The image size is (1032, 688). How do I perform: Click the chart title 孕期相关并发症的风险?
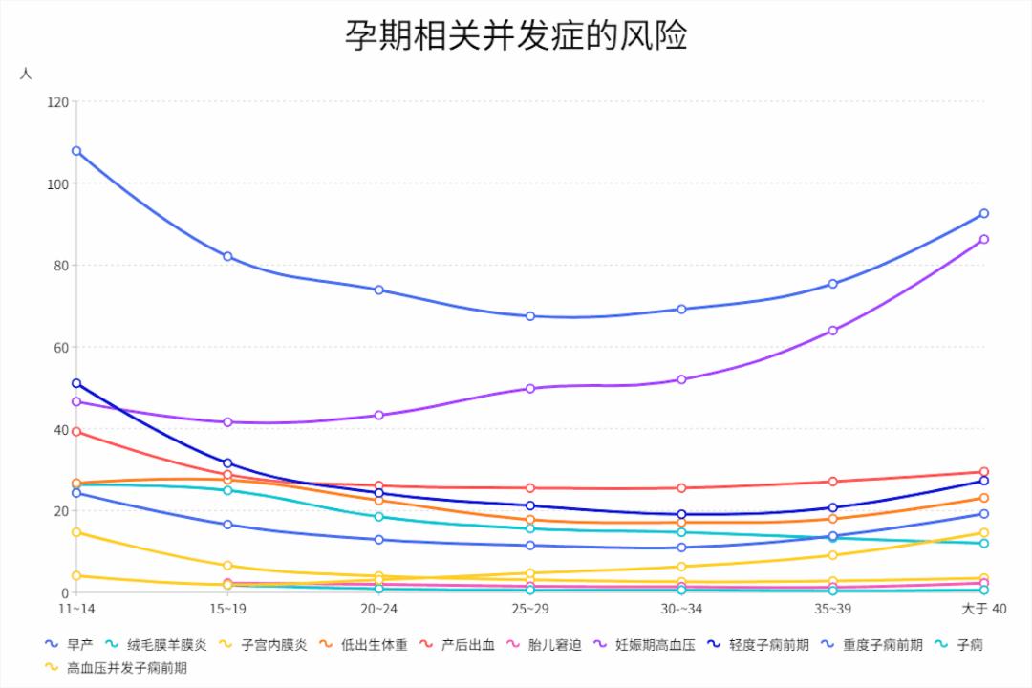click(x=516, y=36)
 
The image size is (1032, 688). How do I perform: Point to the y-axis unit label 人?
click(x=26, y=74)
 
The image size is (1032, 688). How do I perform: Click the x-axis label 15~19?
click(x=227, y=609)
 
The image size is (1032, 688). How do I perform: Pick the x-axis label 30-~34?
click(x=681, y=609)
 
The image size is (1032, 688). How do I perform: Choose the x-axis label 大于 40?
click(x=983, y=609)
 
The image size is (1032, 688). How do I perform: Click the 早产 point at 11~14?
click(x=76, y=151)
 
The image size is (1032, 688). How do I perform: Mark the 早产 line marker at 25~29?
click(x=530, y=316)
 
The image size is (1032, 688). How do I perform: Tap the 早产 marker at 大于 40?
click(x=984, y=213)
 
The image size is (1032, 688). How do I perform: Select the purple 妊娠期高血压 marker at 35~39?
click(x=833, y=331)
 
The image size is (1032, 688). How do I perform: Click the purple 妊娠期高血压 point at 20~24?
click(x=379, y=415)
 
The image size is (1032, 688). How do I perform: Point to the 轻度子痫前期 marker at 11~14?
click(x=76, y=383)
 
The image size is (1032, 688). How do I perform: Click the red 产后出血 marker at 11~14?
click(x=76, y=432)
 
